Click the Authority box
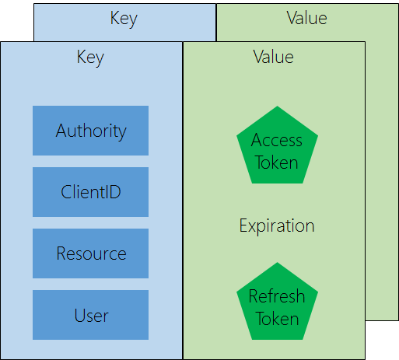click(x=90, y=131)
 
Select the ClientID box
click(x=90, y=192)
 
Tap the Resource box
click(x=90, y=253)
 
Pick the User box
click(x=90, y=315)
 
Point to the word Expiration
click(x=277, y=226)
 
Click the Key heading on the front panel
click(x=90, y=58)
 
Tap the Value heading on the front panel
click(x=273, y=57)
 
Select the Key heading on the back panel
click(x=124, y=19)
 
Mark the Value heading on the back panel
click(x=306, y=18)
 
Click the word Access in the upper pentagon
click(x=277, y=140)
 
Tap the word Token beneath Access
click(x=277, y=163)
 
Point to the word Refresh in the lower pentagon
click(x=277, y=296)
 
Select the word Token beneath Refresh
click(x=277, y=319)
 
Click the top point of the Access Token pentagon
click(x=277, y=106)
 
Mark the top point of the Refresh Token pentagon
click(x=277, y=262)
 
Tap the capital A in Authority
click(x=61, y=131)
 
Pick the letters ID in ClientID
click(x=113, y=192)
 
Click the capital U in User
click(x=79, y=315)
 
